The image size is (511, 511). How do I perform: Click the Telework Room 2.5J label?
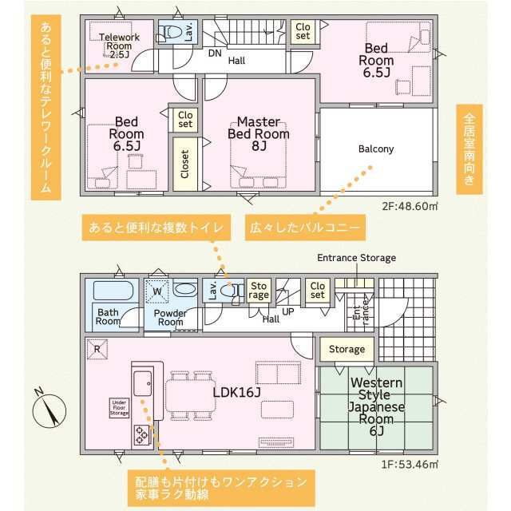click(119, 46)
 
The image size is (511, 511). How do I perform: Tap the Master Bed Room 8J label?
click(259, 133)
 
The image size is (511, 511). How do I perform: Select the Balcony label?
click(376, 149)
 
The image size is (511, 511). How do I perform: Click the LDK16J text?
click(237, 392)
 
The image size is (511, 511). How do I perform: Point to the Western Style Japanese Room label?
click(376, 406)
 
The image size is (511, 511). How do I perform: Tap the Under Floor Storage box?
click(119, 408)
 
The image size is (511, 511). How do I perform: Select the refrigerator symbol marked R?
click(97, 349)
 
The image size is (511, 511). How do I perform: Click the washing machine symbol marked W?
click(157, 291)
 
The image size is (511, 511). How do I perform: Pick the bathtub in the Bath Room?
click(113, 291)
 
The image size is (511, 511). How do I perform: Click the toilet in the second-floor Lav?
click(168, 33)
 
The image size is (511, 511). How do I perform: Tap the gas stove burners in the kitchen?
click(142, 434)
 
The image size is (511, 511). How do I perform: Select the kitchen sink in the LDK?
click(143, 383)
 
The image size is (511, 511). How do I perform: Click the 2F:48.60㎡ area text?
click(410, 206)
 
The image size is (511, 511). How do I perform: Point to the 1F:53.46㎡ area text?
click(410, 464)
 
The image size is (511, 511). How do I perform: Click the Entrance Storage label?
click(357, 258)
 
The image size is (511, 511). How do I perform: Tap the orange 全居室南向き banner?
click(469, 149)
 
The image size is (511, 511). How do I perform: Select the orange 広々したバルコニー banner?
click(305, 228)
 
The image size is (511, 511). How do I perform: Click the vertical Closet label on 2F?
click(184, 164)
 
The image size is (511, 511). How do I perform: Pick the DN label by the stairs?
click(215, 53)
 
